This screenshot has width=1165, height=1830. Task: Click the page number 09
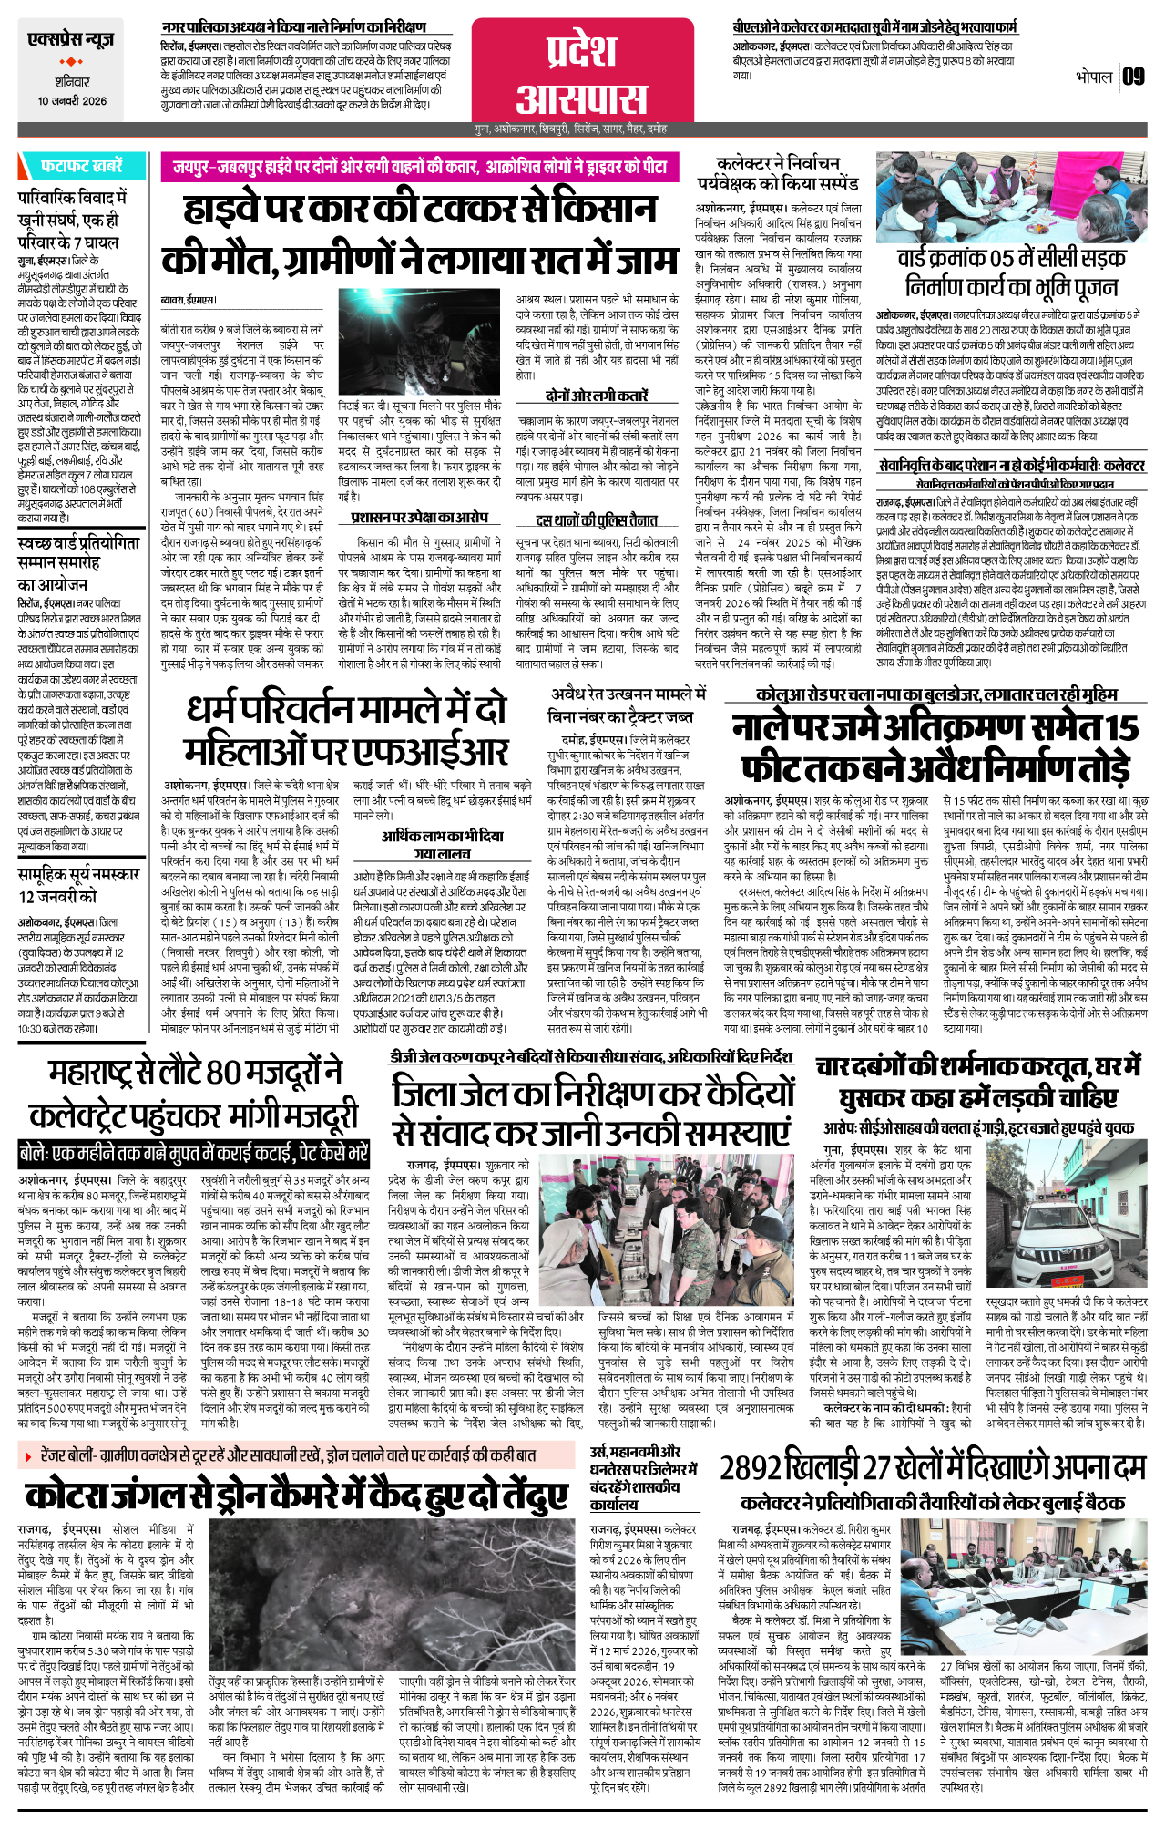pos(1132,77)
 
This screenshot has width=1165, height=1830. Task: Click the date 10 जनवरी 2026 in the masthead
pos(72,101)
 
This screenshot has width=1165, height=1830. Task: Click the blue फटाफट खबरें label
pos(81,167)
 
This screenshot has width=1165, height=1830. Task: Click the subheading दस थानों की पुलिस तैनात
pos(598,520)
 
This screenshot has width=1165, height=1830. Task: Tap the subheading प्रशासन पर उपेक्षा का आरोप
pos(420,517)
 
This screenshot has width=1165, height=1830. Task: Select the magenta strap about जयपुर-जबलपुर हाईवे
pos(420,168)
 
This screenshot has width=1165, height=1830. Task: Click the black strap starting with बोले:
pos(194,1153)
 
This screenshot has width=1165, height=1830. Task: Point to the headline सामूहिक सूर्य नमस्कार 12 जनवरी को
pos(78,884)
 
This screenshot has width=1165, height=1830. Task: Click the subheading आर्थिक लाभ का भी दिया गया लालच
pos(442,844)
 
